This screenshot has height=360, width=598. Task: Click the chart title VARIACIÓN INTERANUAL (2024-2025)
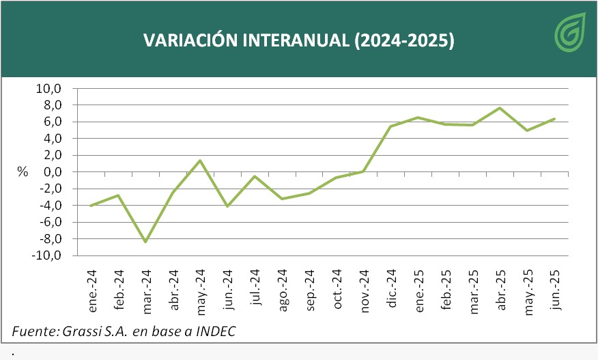(x=298, y=40)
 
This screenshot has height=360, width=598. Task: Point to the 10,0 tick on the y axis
(x=48, y=89)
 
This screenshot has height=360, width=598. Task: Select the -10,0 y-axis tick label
(x=46, y=255)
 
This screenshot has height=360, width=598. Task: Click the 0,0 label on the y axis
(x=51, y=172)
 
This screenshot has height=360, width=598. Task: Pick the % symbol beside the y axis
(x=23, y=172)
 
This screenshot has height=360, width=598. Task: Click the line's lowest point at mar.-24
(x=145, y=242)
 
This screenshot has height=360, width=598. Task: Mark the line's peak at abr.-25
(x=500, y=108)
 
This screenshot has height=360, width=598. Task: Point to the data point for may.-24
(x=200, y=161)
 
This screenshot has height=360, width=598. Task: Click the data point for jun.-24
(x=227, y=206)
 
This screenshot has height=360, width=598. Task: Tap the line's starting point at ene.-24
(x=91, y=206)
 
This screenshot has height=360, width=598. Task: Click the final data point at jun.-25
(x=554, y=119)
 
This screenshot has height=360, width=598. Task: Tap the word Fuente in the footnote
(x=31, y=332)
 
